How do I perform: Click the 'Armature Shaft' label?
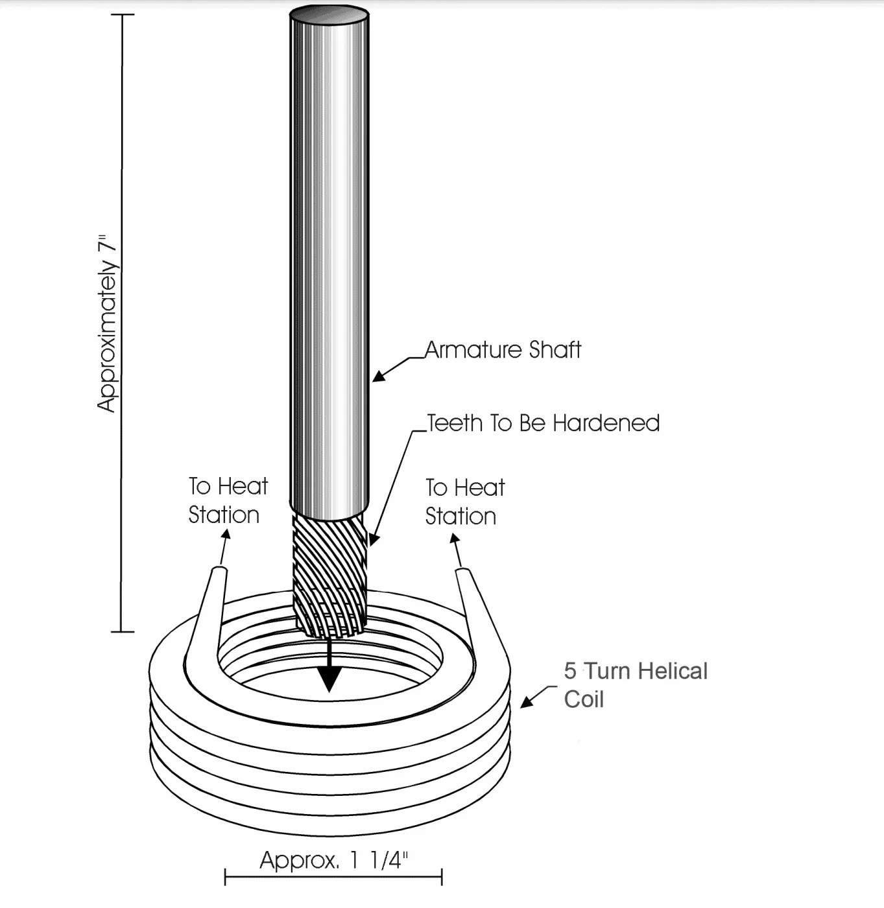[x=503, y=350]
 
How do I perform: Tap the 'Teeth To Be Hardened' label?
[x=543, y=423]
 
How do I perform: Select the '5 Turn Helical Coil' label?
[x=635, y=684]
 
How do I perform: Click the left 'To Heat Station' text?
[x=227, y=500]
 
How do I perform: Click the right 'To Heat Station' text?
[x=464, y=502]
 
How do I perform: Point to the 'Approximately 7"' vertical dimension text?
[x=107, y=323]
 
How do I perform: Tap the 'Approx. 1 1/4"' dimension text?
[x=333, y=860]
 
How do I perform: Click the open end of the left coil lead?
[x=219, y=570]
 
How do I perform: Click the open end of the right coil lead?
[x=464, y=572]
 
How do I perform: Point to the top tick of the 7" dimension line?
[x=121, y=14]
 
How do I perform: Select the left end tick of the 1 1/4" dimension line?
[x=225, y=878]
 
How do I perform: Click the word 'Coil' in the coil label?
[x=584, y=699]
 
